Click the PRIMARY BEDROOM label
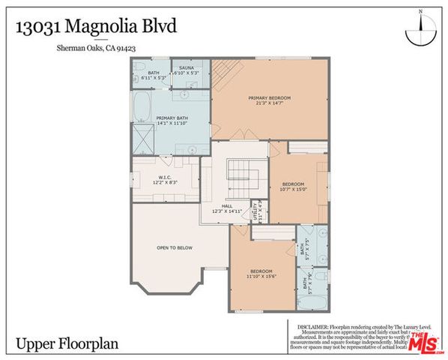coord(269,98)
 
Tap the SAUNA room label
coord(185,67)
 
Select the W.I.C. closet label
coord(166,178)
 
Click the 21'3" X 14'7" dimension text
coord(269,105)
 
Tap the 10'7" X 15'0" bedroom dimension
coord(294,190)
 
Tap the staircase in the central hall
coord(243,181)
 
